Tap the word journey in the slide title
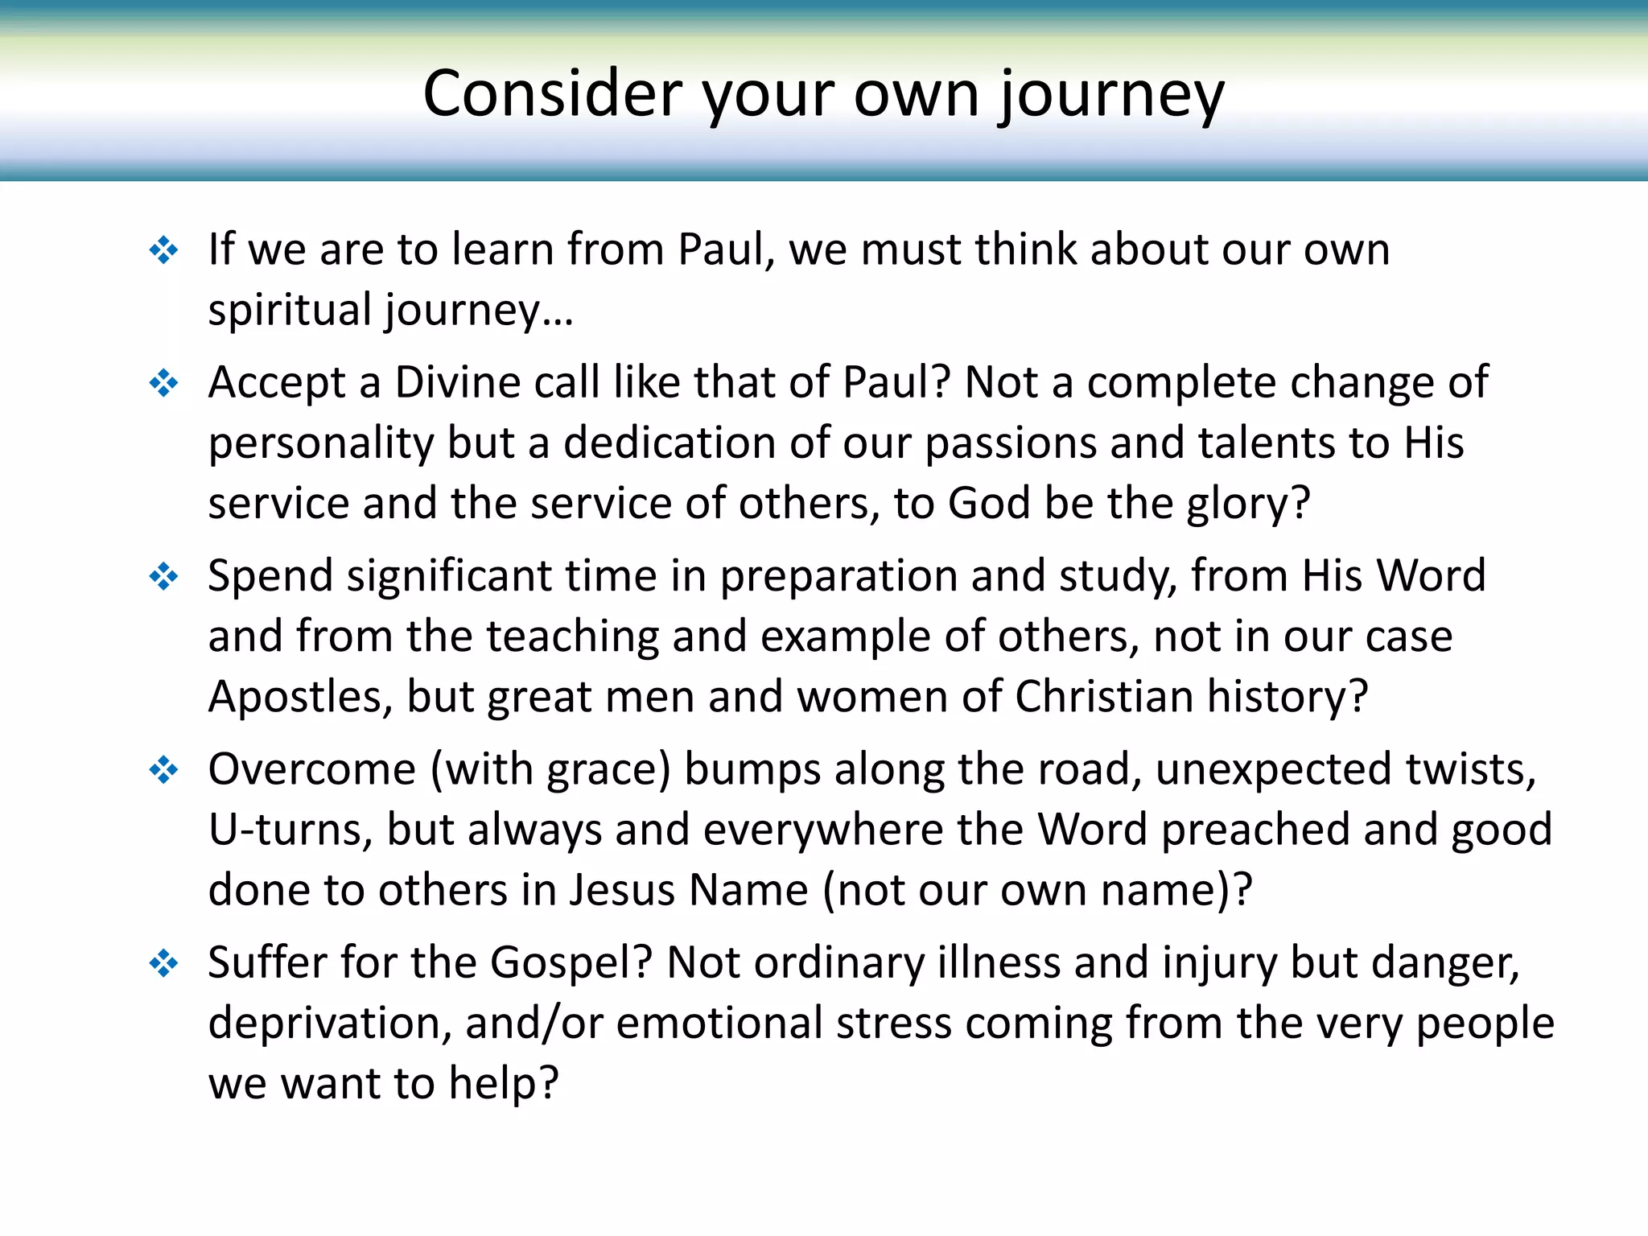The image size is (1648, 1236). [x=1111, y=97]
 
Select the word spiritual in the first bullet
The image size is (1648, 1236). [x=290, y=310]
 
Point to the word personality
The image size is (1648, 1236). [x=321, y=443]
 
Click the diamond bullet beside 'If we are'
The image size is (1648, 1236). [x=164, y=250]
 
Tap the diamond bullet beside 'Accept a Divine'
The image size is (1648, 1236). [x=164, y=383]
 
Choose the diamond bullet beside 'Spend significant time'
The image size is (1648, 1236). [x=164, y=576]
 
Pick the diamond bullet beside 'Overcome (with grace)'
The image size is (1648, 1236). [x=164, y=770]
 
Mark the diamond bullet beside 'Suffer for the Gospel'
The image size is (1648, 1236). [x=164, y=963]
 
